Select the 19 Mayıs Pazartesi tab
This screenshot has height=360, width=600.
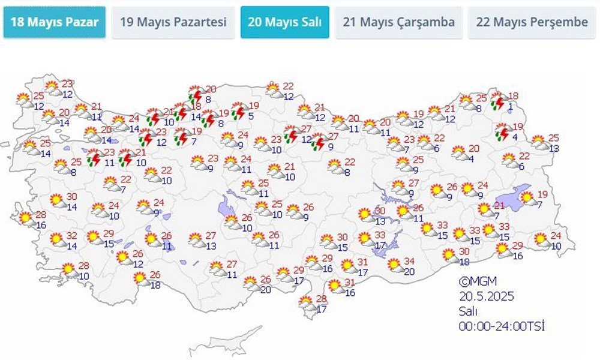click(x=173, y=22)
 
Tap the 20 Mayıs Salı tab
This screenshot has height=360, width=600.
click(x=284, y=22)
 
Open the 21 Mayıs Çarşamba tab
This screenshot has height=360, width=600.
click(x=398, y=22)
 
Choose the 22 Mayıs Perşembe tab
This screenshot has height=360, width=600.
click(x=532, y=22)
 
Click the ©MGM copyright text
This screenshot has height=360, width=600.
click(x=478, y=281)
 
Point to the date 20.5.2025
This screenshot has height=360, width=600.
click(x=486, y=296)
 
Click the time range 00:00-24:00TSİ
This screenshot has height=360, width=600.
click(x=502, y=326)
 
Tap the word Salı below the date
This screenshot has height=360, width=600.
click(x=469, y=311)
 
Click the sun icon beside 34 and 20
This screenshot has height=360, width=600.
click(x=394, y=264)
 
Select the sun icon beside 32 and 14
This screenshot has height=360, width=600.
click(x=56, y=240)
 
